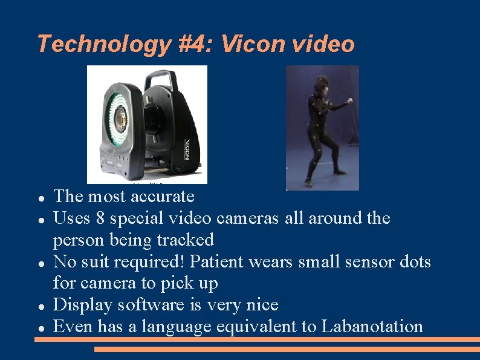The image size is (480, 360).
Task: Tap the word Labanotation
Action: pyautogui.click(x=372, y=327)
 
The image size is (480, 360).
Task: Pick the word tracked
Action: pyautogui.click(x=185, y=240)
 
